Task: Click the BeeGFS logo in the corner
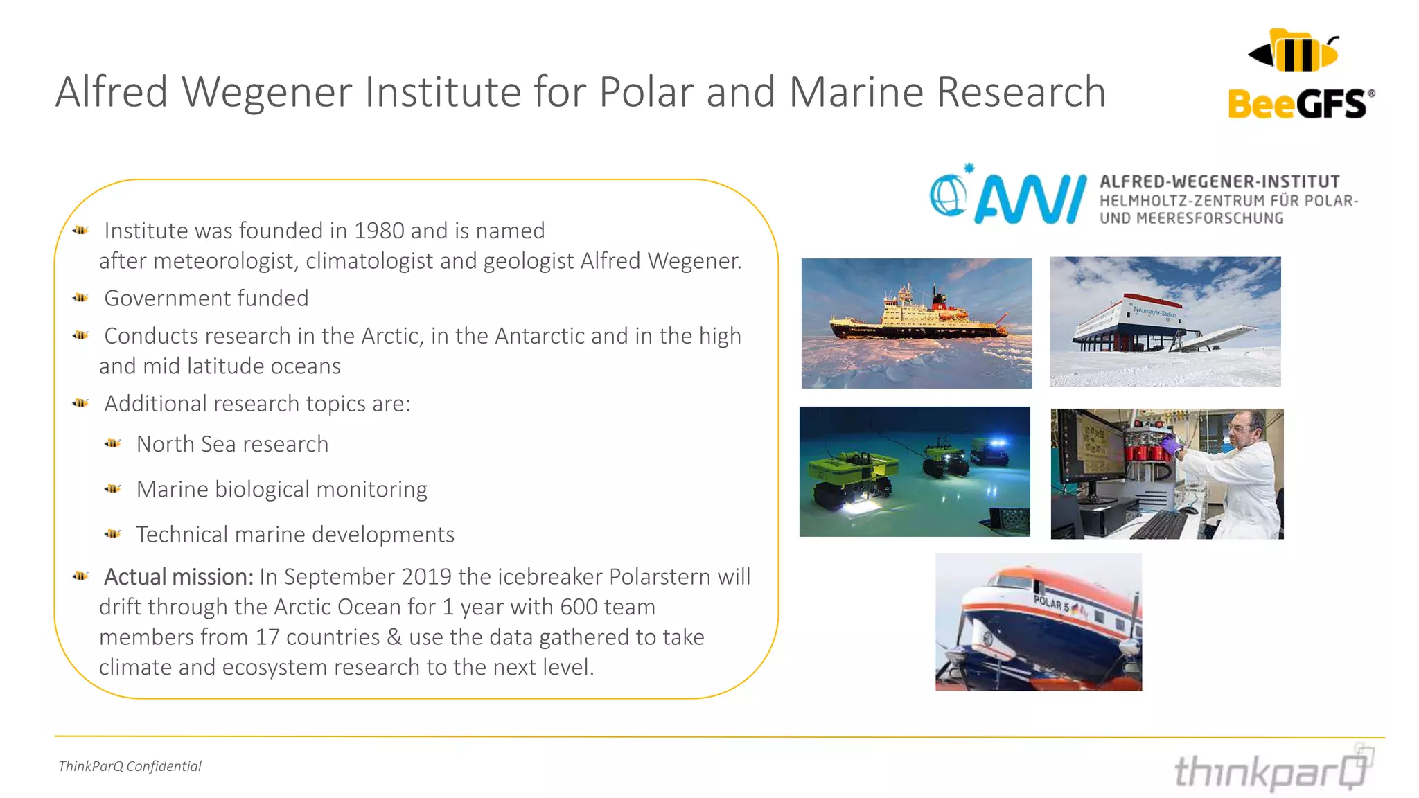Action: point(1301,75)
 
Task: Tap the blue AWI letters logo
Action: point(1030,199)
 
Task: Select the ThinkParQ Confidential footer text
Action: point(130,766)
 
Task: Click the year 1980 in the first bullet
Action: point(379,231)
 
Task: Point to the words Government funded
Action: point(206,299)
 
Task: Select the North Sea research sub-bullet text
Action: point(232,444)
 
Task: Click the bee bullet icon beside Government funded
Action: point(80,298)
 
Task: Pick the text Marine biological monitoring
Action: point(281,490)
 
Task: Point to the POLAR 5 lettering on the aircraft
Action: point(1052,603)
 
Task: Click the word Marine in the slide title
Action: point(856,92)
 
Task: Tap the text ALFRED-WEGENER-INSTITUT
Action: point(1219,182)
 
